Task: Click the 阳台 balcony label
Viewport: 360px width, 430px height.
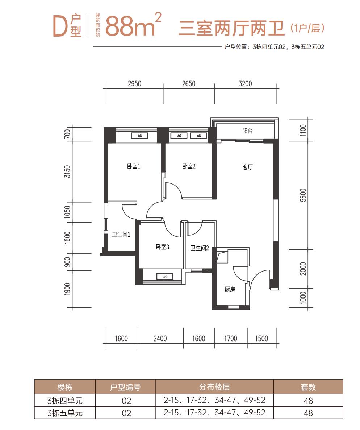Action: pyautogui.click(x=247, y=131)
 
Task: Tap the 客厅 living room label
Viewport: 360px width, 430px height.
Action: pyautogui.click(x=247, y=167)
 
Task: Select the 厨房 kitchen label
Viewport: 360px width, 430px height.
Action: pyautogui.click(x=230, y=289)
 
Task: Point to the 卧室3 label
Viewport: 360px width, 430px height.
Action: pyautogui.click(x=163, y=247)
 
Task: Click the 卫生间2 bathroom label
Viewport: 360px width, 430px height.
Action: pyautogui.click(x=200, y=248)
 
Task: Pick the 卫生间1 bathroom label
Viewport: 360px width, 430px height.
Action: pyautogui.click(x=121, y=235)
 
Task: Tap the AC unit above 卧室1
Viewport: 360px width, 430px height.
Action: pyautogui.click(x=139, y=136)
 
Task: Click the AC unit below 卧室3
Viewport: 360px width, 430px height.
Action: pyautogui.click(x=165, y=277)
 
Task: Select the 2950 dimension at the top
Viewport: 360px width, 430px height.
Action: pyautogui.click(x=134, y=84)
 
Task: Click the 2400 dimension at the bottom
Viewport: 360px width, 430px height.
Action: pyautogui.click(x=160, y=339)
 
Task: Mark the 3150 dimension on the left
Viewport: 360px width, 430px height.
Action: pyautogui.click(x=67, y=172)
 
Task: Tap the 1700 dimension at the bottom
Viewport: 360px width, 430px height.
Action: pyautogui.click(x=230, y=339)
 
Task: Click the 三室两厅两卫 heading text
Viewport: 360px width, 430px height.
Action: pyautogui.click(x=231, y=28)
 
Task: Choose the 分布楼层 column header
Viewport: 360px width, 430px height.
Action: pyautogui.click(x=214, y=387)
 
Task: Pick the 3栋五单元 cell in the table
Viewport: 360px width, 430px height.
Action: pyautogui.click(x=65, y=413)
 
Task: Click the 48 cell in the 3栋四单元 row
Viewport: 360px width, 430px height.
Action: pyautogui.click(x=308, y=401)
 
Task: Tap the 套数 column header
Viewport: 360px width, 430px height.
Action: pyautogui.click(x=308, y=387)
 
